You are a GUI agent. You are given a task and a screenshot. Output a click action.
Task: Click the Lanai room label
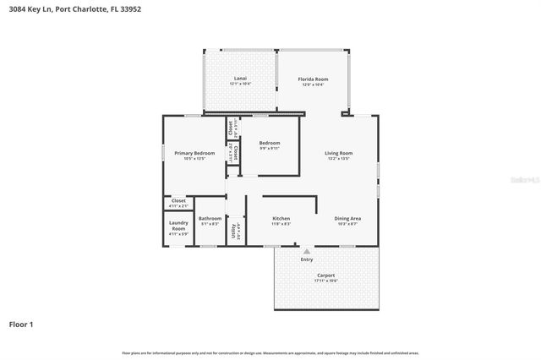[240, 79]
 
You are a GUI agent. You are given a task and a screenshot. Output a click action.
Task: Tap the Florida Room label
[312, 79]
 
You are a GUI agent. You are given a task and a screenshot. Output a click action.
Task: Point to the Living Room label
[338, 153]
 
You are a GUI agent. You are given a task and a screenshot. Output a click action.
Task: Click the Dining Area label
[347, 218]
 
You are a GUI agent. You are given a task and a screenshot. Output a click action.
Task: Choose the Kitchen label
[281, 218]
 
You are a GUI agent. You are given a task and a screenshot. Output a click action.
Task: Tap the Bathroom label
[210, 218]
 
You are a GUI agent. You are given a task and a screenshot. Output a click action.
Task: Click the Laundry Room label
[178, 226]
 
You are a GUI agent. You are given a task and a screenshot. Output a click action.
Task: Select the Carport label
[325, 275]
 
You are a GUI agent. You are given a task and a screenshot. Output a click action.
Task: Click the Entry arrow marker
[306, 250]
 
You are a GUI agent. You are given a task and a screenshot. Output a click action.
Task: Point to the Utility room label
[233, 229]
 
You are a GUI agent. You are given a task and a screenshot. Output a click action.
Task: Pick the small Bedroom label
[269, 143]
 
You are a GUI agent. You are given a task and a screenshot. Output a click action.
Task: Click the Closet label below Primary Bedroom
[178, 200]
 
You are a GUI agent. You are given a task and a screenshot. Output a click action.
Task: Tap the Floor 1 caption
[21, 324]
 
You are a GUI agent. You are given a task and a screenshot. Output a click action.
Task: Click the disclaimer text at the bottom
[270, 352]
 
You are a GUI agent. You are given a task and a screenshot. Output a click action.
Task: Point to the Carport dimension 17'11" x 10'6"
[325, 281]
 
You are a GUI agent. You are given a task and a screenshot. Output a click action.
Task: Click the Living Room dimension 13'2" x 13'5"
[338, 159]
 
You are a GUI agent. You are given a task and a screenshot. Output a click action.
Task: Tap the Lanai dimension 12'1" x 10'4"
[240, 85]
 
